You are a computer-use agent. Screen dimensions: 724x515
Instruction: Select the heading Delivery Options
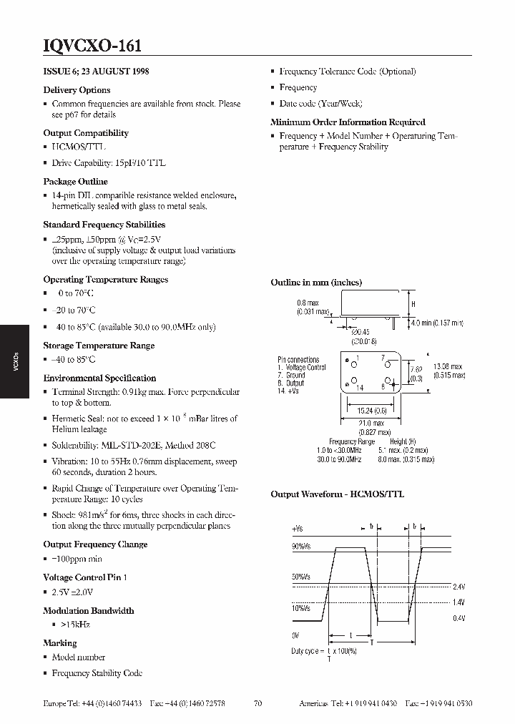coord(77,90)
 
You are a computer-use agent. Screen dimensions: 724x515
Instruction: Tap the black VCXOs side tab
coord(15,362)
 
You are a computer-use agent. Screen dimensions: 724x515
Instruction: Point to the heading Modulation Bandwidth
coord(89,610)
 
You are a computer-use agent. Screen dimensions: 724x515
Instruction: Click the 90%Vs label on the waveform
coord(301,547)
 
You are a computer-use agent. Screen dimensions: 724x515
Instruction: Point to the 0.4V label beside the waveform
coord(458,617)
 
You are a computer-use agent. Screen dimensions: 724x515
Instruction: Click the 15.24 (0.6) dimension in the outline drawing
coord(372,410)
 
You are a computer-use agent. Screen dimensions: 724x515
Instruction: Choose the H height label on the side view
coord(413,304)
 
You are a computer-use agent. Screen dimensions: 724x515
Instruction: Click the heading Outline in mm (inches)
coord(316,283)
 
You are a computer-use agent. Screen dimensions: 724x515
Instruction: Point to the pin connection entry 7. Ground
coord(291,375)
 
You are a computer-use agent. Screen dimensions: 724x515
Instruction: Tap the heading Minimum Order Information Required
coord(348,122)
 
